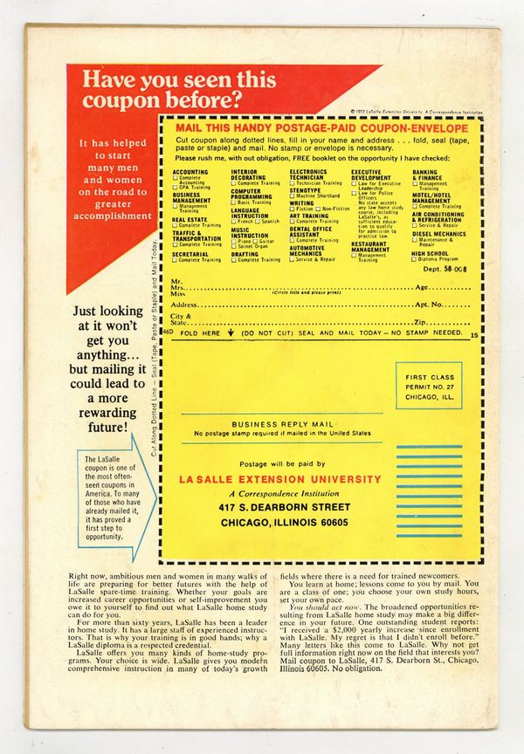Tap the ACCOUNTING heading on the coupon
(x=190, y=173)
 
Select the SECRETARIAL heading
(x=191, y=255)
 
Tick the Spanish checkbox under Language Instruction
(x=257, y=222)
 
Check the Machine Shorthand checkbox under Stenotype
(x=293, y=195)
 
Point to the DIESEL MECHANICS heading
(x=438, y=234)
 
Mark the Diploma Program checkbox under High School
(x=416, y=259)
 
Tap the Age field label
(x=422, y=287)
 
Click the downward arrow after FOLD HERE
(x=230, y=333)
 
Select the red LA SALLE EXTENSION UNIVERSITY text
(x=279, y=479)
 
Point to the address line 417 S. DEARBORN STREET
(x=279, y=506)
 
